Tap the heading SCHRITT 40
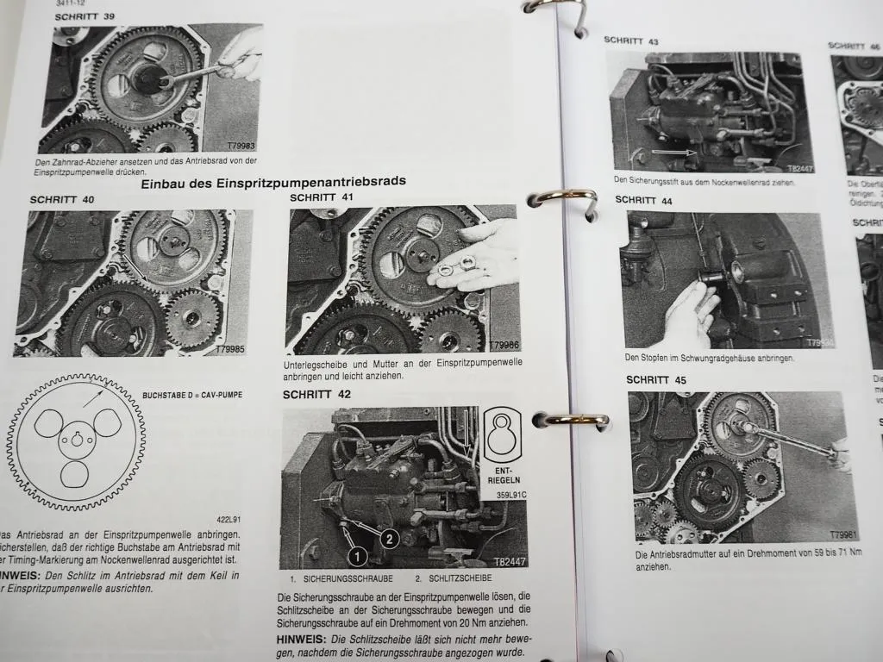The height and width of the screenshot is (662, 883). (x=62, y=200)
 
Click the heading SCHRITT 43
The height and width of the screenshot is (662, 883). (x=631, y=41)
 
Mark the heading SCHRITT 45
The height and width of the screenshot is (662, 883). (x=656, y=379)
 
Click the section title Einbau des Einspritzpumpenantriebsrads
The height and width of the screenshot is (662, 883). (x=273, y=181)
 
